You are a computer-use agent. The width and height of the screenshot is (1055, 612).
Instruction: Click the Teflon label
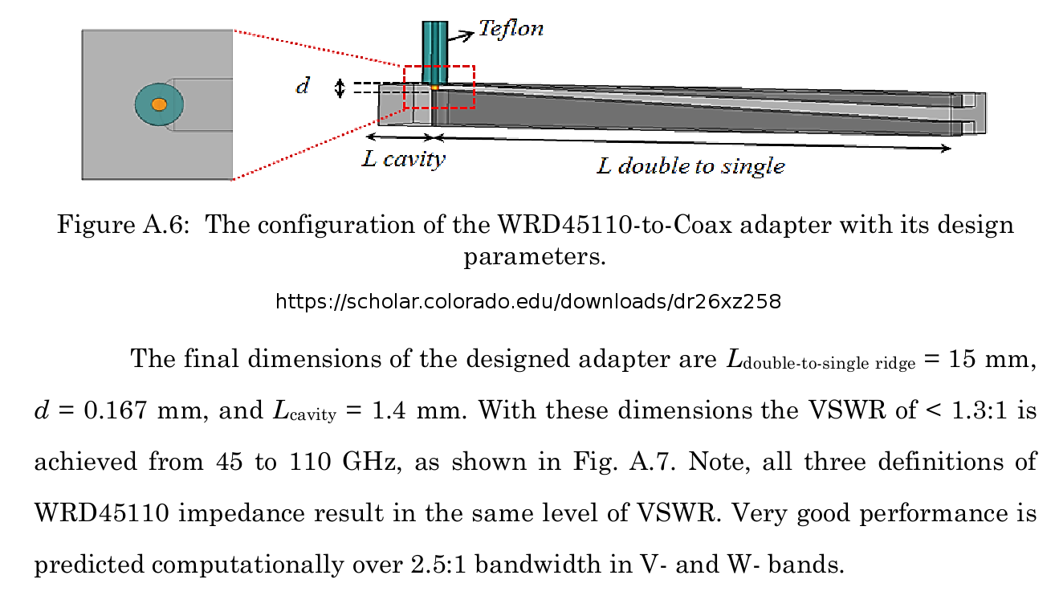[511, 29]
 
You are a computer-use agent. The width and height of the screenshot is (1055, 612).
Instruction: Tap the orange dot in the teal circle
[159, 104]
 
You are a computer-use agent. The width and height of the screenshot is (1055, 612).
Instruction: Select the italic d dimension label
[303, 86]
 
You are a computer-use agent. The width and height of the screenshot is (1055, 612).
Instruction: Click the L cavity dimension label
[404, 159]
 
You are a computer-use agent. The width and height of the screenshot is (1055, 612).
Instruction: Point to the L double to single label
[691, 166]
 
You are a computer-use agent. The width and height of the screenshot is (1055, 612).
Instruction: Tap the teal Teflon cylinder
[434, 52]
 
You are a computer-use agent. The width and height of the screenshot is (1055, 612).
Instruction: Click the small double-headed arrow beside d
[340, 88]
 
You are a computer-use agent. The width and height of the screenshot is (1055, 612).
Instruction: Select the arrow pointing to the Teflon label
[461, 36]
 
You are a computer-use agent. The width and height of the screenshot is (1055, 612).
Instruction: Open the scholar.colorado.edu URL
[528, 301]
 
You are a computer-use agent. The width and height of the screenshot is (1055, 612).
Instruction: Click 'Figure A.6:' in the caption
[123, 224]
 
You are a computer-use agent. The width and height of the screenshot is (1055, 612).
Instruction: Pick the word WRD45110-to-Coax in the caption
[615, 224]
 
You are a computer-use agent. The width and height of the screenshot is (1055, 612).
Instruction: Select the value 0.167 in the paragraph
[116, 410]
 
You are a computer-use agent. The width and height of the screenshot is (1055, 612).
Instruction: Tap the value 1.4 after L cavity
[389, 410]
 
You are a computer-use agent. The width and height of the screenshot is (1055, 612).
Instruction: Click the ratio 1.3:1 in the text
[980, 410]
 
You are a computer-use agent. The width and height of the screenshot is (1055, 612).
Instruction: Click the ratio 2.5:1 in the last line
[438, 565]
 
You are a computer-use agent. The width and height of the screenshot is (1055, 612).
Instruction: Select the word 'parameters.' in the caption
[535, 258]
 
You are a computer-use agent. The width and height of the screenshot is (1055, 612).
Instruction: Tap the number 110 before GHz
[311, 461]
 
